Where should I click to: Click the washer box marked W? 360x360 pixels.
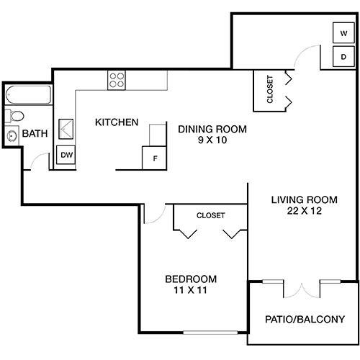[343, 32]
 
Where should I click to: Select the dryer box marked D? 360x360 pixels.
[343, 56]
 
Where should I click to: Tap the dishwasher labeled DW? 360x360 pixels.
[66, 155]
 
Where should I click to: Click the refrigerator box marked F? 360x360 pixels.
[153, 158]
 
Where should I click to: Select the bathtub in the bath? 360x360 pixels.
[27, 95]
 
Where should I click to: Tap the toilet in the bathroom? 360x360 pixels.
[14, 116]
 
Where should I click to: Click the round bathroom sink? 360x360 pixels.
[12, 135]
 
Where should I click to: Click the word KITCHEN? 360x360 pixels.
[117, 122]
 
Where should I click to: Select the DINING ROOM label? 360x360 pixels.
[212, 130]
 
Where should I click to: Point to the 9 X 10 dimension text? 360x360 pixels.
[212, 141]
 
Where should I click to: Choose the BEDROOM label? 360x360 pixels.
[191, 279]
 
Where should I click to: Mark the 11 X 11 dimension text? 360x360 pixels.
[191, 291]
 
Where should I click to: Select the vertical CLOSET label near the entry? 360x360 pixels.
[269, 90]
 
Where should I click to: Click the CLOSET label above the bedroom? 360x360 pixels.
[210, 215]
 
